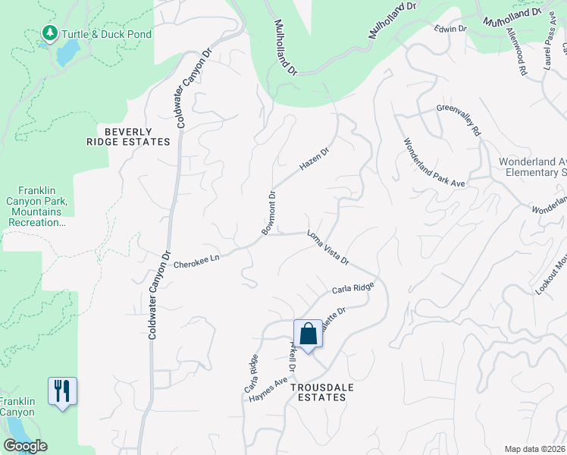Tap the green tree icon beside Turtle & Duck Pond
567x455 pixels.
click(x=50, y=33)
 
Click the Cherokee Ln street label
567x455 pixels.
click(x=196, y=262)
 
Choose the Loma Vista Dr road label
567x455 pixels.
click(x=327, y=248)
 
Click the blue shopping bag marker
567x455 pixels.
click(x=308, y=334)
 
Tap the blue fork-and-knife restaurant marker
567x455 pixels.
click(x=62, y=391)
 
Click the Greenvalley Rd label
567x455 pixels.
click(x=459, y=120)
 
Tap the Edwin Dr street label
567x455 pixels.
click(x=450, y=29)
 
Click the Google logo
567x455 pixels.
click(x=25, y=446)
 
